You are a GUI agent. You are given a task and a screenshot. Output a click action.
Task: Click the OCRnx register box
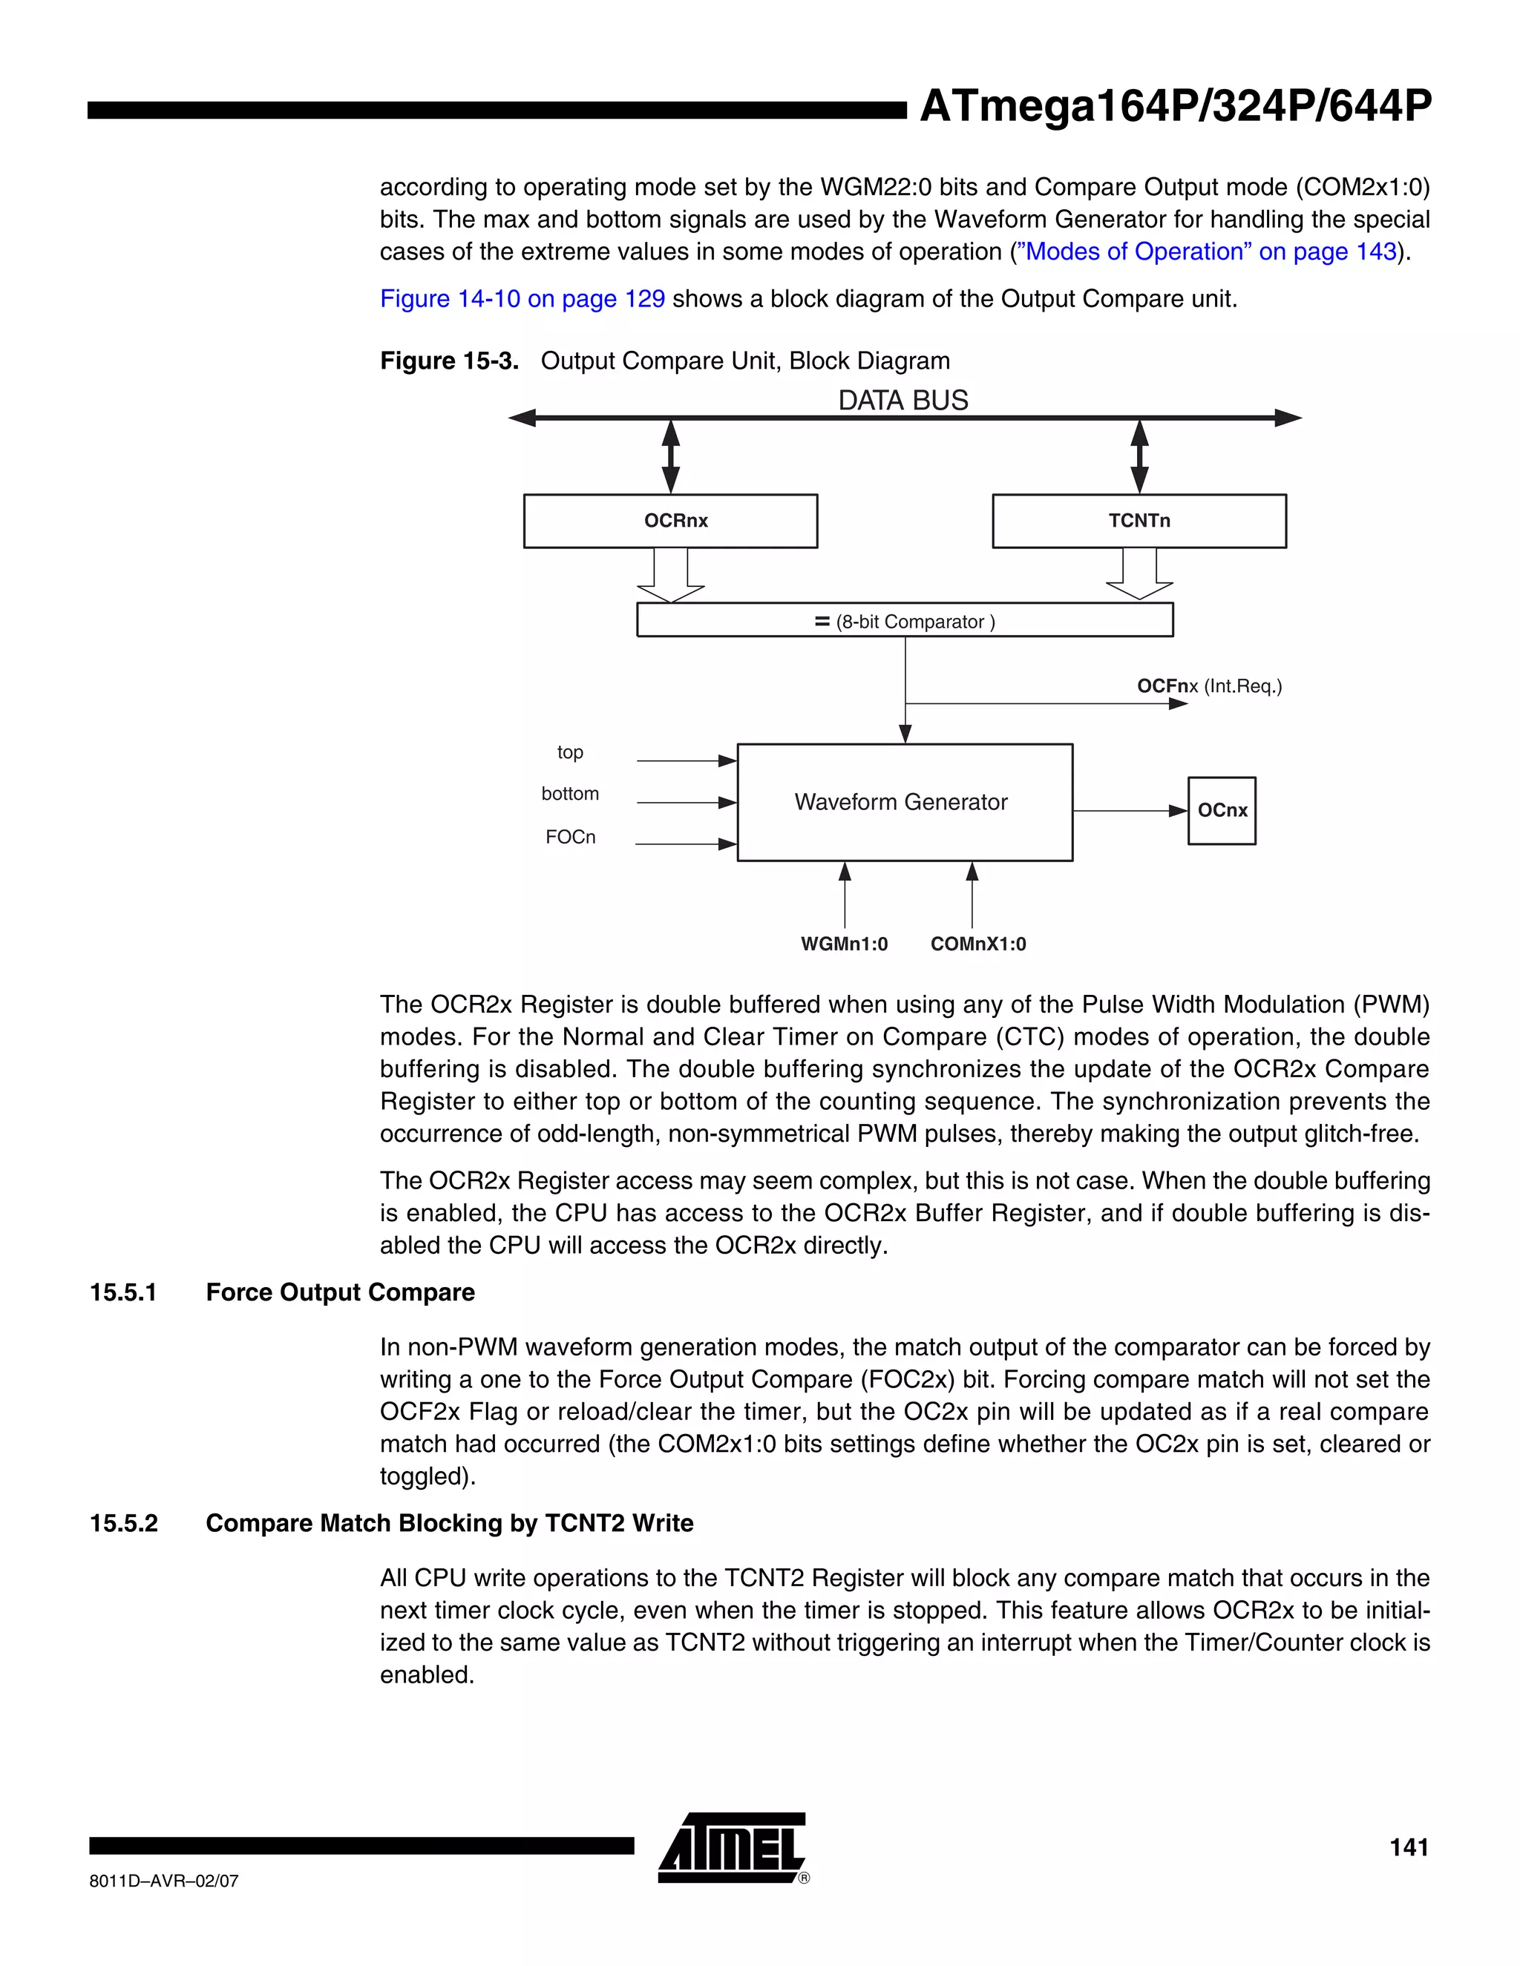[x=670, y=520]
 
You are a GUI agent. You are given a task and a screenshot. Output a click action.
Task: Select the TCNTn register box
[x=1139, y=520]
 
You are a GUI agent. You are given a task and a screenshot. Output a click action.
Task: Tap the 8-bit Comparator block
[x=904, y=620]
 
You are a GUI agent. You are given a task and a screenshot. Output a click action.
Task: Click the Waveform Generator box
[x=904, y=802]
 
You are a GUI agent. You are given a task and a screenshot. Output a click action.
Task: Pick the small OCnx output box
[x=1221, y=810]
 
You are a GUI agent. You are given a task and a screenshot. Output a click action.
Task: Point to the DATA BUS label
[x=903, y=401]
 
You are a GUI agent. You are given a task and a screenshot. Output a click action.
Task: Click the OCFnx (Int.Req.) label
[x=1208, y=686]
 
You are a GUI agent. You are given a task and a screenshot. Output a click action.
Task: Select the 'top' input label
[x=570, y=752]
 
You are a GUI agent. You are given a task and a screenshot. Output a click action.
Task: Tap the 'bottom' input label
[x=570, y=794]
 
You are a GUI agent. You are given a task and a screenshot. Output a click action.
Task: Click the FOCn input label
[x=570, y=837]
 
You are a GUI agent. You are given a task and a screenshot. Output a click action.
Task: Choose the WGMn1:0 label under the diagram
[x=844, y=944]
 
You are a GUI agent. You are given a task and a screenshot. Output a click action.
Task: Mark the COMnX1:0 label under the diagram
[x=978, y=944]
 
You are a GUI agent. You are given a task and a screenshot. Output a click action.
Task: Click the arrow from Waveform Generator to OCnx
[x=1130, y=811]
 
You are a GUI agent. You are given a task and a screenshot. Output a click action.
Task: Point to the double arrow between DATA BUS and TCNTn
[x=1139, y=456]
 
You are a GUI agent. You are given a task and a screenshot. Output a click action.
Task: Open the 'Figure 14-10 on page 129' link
[x=522, y=299]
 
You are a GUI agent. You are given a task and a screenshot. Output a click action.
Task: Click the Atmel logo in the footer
[x=732, y=1847]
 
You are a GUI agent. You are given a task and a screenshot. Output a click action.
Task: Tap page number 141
[x=1409, y=1847]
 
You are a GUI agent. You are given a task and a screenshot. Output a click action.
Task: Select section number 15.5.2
[x=123, y=1523]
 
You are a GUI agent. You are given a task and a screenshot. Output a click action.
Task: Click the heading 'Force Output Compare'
[x=341, y=1292]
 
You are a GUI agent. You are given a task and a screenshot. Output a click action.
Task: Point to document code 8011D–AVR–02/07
[x=164, y=1881]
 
